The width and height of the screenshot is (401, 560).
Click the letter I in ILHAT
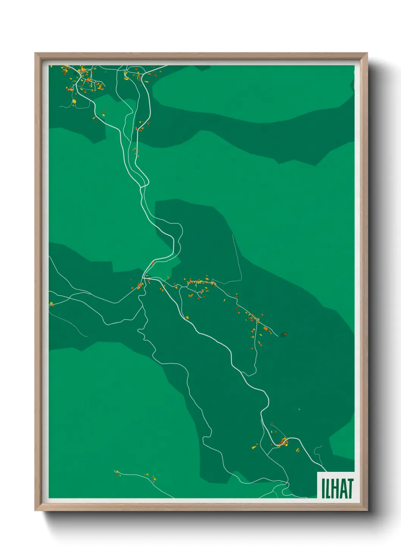(x=323, y=488)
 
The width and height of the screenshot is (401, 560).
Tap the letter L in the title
(x=327, y=488)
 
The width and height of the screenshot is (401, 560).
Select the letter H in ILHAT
(x=334, y=488)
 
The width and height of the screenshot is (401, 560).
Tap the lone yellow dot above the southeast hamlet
(x=299, y=409)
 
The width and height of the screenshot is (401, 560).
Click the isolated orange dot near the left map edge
(x=56, y=160)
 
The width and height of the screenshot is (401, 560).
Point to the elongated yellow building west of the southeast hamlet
(x=254, y=447)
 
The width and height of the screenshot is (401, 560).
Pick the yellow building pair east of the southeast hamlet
(x=298, y=450)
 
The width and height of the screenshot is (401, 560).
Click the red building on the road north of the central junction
(x=153, y=263)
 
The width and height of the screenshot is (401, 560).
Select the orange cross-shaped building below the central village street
(x=191, y=295)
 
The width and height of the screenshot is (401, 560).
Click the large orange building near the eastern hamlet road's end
(x=266, y=329)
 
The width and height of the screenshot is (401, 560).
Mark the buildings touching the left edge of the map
(x=51, y=303)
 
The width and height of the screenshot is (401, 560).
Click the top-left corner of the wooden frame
(x=35, y=53)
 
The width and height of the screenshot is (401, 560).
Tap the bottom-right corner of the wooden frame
(x=367, y=510)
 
